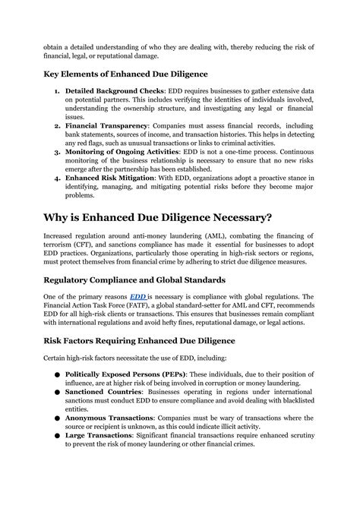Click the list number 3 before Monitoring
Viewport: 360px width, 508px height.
tap(57, 152)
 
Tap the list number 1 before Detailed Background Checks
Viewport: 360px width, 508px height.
tap(57, 90)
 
